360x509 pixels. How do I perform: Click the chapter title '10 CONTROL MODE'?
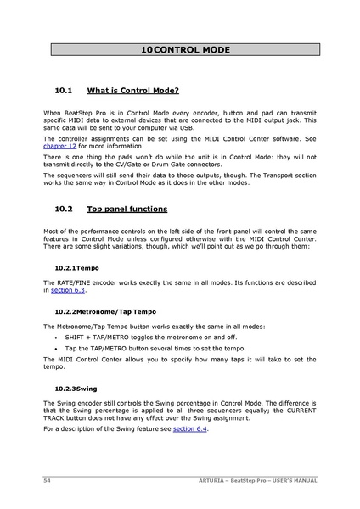[x=185, y=51]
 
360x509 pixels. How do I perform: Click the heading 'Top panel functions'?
[x=127, y=209]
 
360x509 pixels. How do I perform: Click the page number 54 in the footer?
[x=48, y=480]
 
